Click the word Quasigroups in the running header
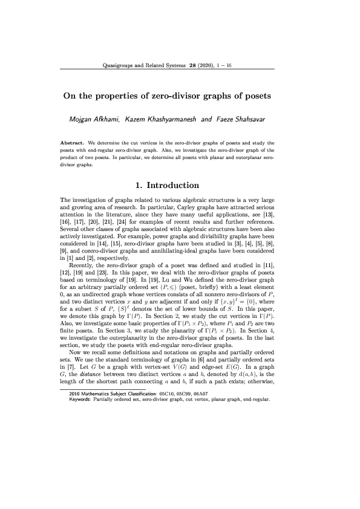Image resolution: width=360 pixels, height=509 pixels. point(121,65)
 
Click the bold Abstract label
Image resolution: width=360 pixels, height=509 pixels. point(72,142)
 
